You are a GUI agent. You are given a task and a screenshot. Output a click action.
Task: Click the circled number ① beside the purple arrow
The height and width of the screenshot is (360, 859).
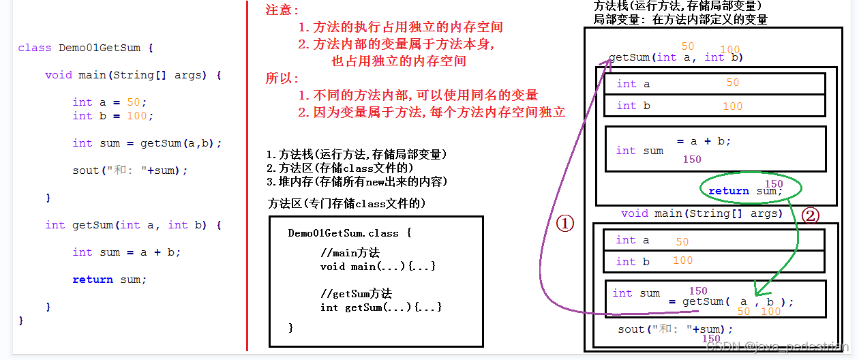click(x=565, y=223)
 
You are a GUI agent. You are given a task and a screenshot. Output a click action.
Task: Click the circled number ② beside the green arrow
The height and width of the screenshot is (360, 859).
click(x=809, y=216)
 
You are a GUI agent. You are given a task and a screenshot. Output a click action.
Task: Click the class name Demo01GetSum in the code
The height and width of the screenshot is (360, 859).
click(x=100, y=48)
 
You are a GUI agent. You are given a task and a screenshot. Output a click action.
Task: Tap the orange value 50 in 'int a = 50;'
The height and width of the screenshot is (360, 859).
click(x=133, y=102)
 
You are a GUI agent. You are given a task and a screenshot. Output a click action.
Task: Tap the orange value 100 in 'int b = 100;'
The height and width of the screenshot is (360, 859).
click(x=136, y=116)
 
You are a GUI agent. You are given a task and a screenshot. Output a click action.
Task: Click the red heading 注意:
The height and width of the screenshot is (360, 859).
click(x=282, y=11)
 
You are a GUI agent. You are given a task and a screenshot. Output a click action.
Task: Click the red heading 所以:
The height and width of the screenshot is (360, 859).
click(x=282, y=78)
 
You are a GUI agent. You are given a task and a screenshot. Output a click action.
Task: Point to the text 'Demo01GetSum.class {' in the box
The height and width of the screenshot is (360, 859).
click(x=350, y=233)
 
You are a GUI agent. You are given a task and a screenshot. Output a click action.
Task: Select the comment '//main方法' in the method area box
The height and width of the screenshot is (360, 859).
click(x=350, y=253)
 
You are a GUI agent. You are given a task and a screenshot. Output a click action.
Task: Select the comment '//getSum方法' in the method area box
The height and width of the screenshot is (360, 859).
click(x=356, y=294)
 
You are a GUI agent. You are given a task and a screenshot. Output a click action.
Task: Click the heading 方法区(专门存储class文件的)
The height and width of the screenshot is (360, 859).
click(x=348, y=203)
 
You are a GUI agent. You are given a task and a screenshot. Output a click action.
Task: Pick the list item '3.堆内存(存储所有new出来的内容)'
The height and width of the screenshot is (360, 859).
click(x=357, y=181)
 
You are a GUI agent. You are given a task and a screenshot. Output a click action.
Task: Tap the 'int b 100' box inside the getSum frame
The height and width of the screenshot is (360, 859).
click(x=714, y=106)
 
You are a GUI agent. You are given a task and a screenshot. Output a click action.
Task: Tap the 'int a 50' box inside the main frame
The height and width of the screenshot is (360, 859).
click(x=714, y=240)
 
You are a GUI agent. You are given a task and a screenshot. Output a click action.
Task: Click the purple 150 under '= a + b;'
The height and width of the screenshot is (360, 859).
click(x=691, y=160)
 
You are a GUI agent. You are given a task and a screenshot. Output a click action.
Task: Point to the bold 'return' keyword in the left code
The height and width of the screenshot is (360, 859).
click(x=93, y=280)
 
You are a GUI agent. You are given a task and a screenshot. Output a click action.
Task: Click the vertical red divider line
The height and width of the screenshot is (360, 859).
click(x=247, y=177)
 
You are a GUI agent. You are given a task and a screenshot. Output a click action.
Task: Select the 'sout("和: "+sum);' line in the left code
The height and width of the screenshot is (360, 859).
click(x=130, y=170)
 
